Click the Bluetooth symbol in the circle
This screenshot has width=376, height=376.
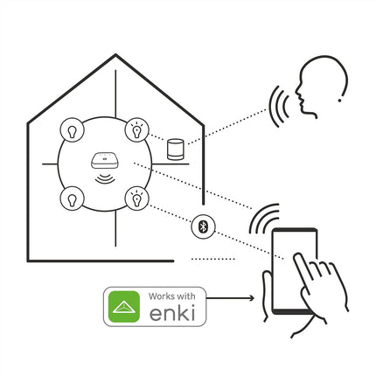[x=203, y=226]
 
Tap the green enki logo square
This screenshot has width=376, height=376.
[x=124, y=306]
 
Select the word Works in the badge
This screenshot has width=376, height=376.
[x=161, y=296]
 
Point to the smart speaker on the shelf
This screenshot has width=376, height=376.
[x=176, y=150]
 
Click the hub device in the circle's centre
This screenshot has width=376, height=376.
[x=104, y=161]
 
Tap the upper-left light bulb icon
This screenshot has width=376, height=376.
[x=72, y=130]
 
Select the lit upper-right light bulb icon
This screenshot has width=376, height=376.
[x=136, y=130]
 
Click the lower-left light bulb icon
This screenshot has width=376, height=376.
[x=72, y=198]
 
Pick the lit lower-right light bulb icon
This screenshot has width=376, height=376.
[x=136, y=198]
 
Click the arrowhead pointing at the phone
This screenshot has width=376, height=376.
[x=251, y=298]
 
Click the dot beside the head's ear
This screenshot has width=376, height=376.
[x=339, y=101]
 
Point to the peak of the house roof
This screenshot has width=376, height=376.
[x=115, y=55]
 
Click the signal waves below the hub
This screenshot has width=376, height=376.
[x=105, y=178]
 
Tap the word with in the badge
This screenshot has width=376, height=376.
[x=185, y=296]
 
